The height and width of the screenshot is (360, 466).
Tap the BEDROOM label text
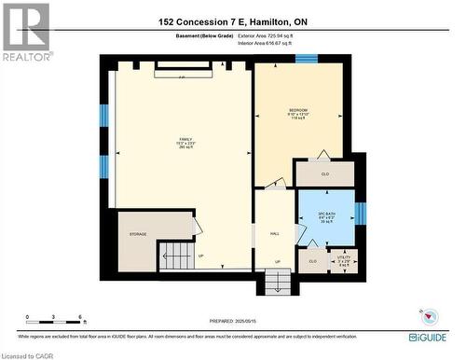pyautogui.click(x=298, y=111)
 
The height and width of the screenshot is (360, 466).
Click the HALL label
pyautogui.click(x=275, y=234)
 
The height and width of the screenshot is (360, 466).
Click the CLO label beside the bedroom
pyautogui.click(x=325, y=173)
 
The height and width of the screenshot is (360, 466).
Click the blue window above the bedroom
pyautogui.click(x=307, y=60)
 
